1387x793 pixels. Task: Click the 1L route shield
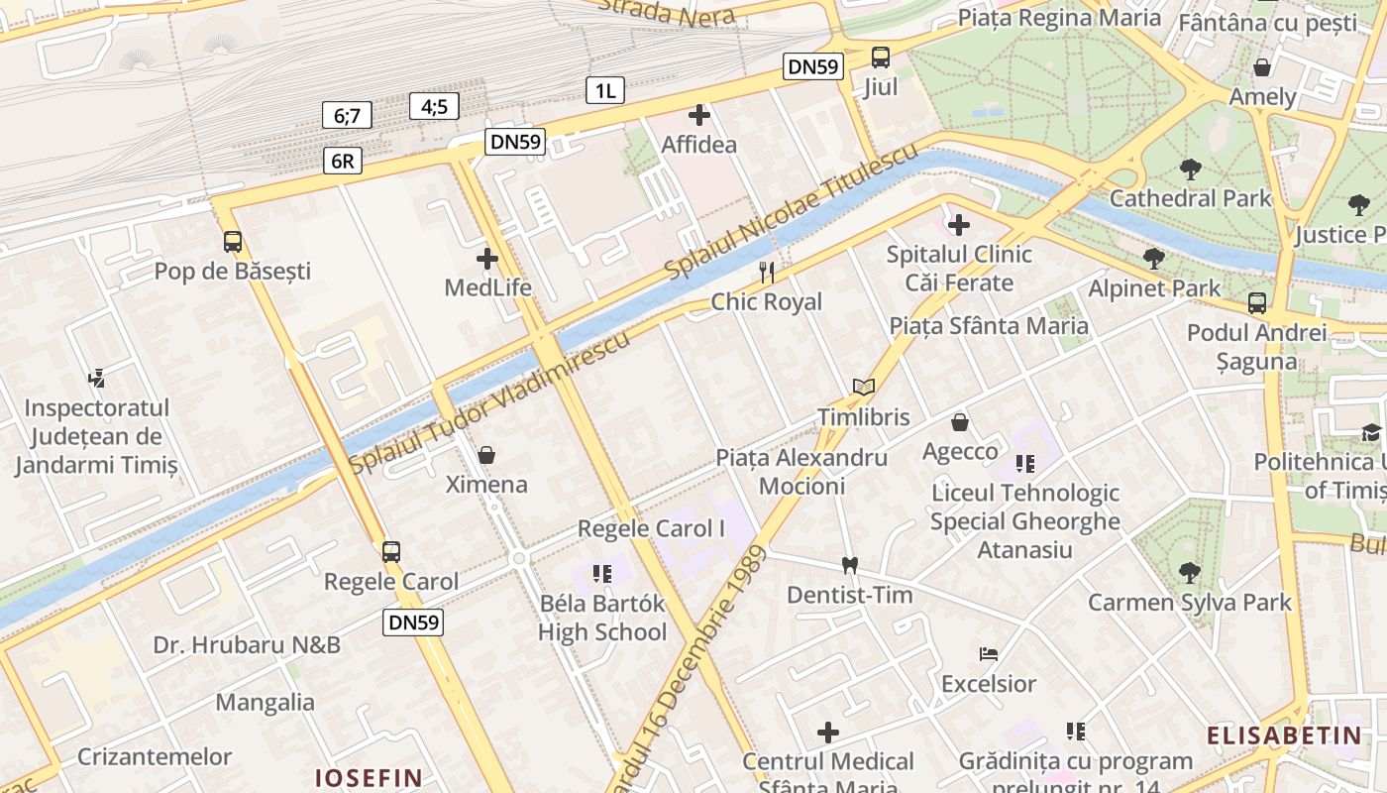pyautogui.click(x=604, y=91)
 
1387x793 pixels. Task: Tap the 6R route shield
pyautogui.click(x=342, y=161)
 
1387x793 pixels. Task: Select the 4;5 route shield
pyautogui.click(x=434, y=106)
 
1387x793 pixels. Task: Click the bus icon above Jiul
pyautogui.click(x=880, y=57)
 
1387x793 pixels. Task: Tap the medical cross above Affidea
pyautogui.click(x=699, y=115)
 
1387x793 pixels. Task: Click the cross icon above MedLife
pyautogui.click(x=487, y=260)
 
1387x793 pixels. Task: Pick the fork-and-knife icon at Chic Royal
pyautogui.click(x=766, y=272)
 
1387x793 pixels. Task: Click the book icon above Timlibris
pyautogui.click(x=863, y=388)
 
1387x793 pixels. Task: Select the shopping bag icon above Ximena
pyautogui.click(x=486, y=455)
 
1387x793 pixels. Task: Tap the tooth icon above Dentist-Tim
pyautogui.click(x=849, y=565)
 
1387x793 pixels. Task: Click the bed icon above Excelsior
pyautogui.click(x=988, y=654)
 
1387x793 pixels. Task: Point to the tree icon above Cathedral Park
pyautogui.click(x=1190, y=169)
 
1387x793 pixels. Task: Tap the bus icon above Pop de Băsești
pyautogui.click(x=233, y=241)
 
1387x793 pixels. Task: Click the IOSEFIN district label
pyautogui.click(x=369, y=777)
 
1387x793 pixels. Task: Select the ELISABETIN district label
pyautogui.click(x=1284, y=736)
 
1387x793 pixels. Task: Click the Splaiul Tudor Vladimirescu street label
pyautogui.click(x=489, y=403)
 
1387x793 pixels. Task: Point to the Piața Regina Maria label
pyautogui.click(x=1059, y=18)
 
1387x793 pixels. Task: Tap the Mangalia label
pyautogui.click(x=266, y=703)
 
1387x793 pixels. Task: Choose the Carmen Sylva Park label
pyautogui.click(x=1190, y=602)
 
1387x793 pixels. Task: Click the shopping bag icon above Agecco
pyautogui.click(x=959, y=423)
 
